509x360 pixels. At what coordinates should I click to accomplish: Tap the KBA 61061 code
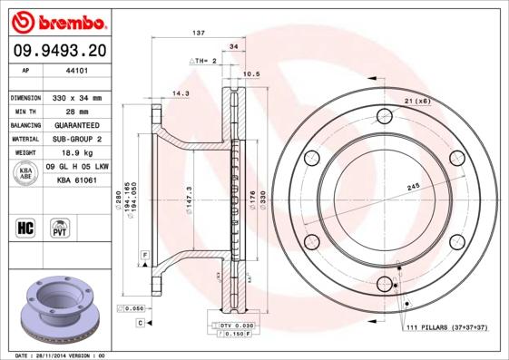77,181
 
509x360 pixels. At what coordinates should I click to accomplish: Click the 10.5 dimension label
252,74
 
